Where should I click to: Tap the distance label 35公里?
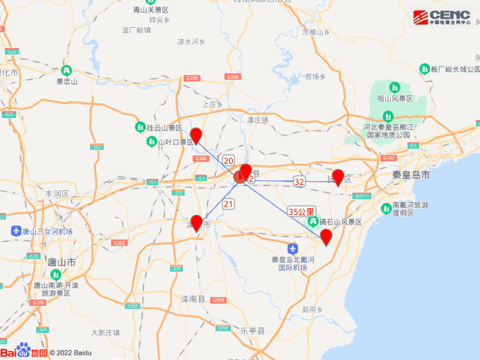(302, 212)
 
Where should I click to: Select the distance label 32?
(300, 181)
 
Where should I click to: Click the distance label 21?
(228, 204)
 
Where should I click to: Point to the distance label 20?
(228, 161)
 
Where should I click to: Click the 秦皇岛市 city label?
(411, 174)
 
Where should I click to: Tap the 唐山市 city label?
(61, 263)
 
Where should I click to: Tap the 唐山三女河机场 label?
(46, 232)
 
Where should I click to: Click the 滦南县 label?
(193, 299)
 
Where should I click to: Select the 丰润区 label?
(57, 193)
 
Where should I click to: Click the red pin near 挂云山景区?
(195, 135)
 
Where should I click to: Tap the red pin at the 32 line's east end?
(338, 177)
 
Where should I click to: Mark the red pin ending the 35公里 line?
(326, 237)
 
